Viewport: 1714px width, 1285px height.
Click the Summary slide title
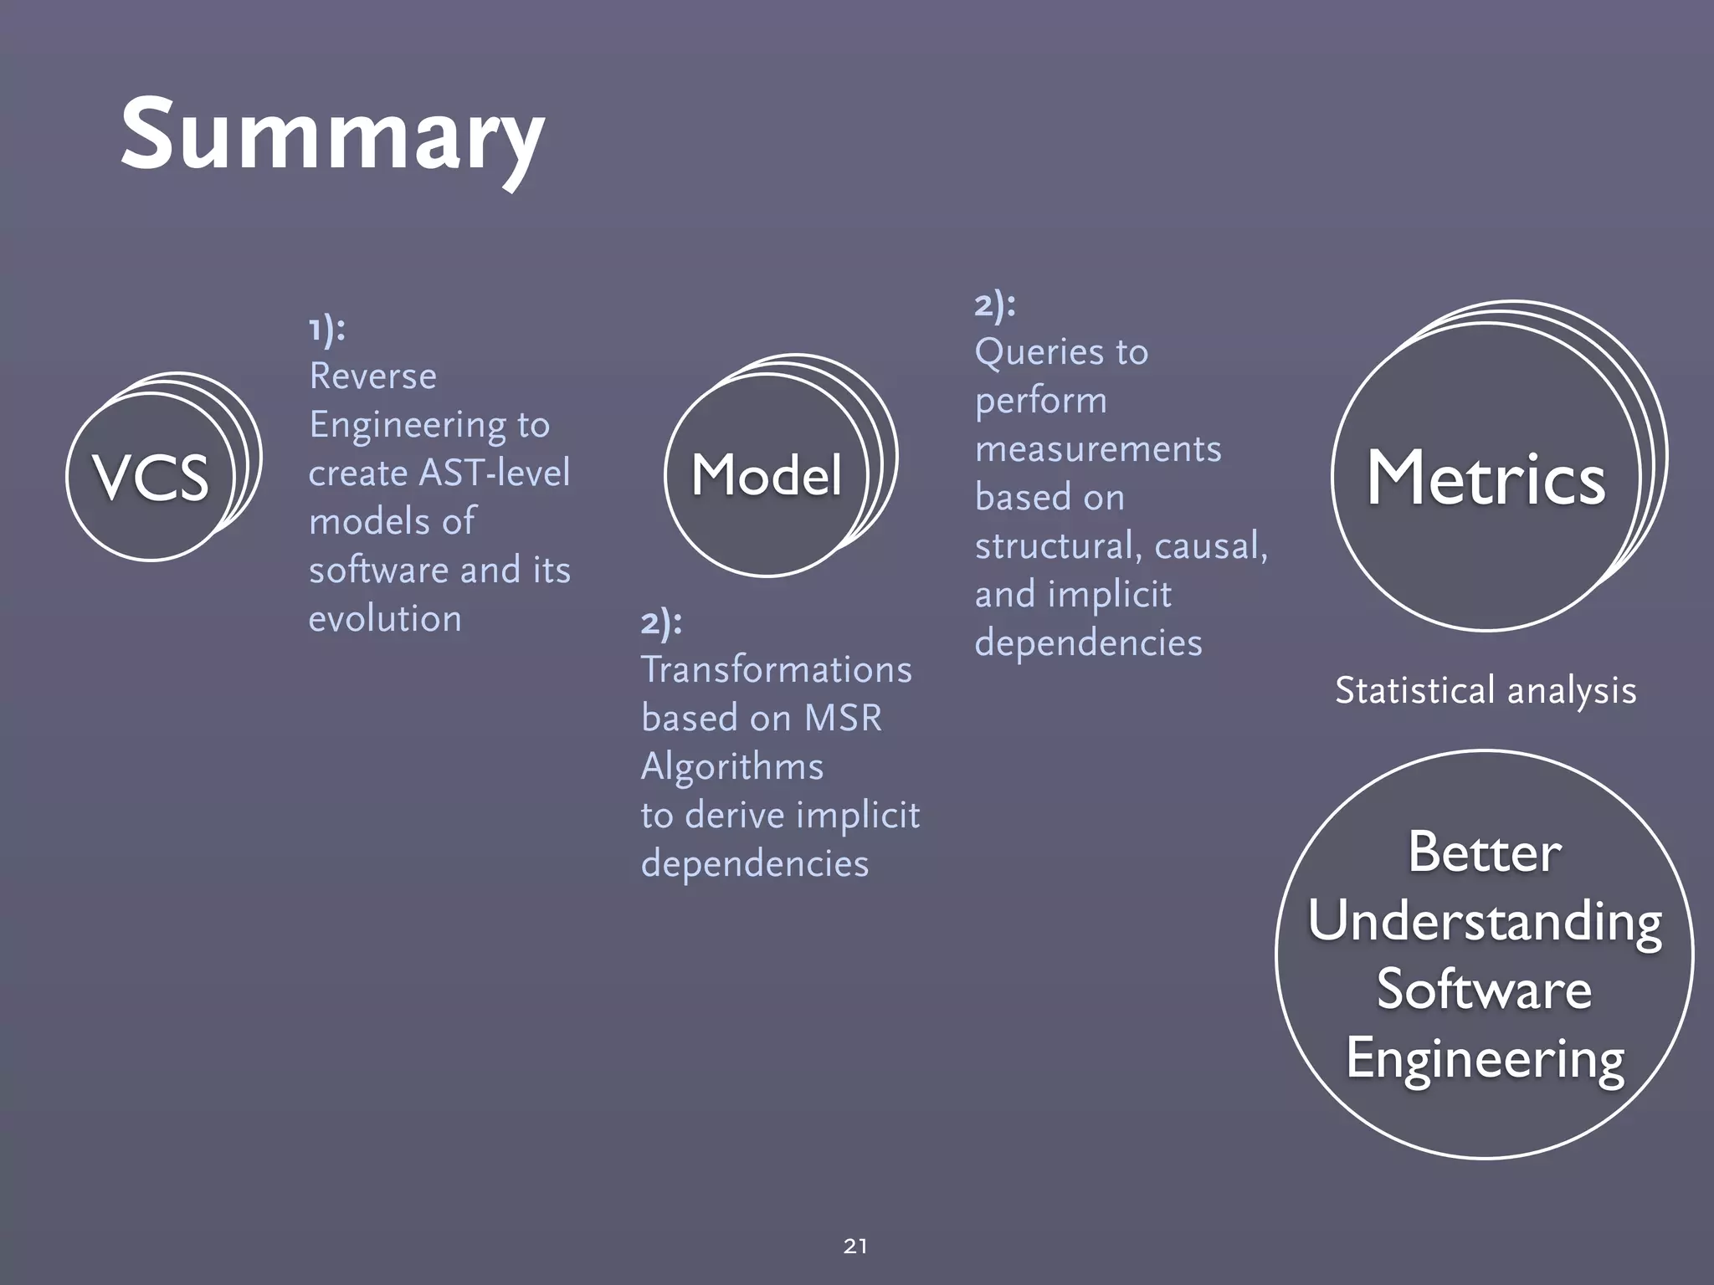[332, 136]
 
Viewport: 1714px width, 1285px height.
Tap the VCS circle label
[151, 478]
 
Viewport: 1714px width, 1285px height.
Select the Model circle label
[767, 475]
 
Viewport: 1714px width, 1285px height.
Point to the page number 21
[855, 1246]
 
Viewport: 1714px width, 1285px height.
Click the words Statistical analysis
[1486, 691]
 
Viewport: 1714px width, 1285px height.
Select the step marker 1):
[326, 329]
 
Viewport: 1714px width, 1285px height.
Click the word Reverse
[372, 376]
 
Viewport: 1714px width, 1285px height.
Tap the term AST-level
[494, 473]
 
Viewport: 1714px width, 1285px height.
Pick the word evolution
[385, 619]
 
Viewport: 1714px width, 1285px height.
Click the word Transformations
[776, 670]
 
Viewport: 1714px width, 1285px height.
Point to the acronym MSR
[843, 719]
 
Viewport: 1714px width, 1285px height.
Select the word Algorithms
[732, 767]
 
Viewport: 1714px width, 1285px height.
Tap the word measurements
[1098, 449]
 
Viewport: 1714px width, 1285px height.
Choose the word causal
[1211, 546]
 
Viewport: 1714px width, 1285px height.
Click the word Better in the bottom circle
[1485, 852]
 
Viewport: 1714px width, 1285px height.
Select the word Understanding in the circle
[1485, 921]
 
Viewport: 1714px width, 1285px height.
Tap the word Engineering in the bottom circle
[1485, 1058]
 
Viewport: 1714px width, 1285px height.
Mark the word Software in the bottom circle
[1485, 990]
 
